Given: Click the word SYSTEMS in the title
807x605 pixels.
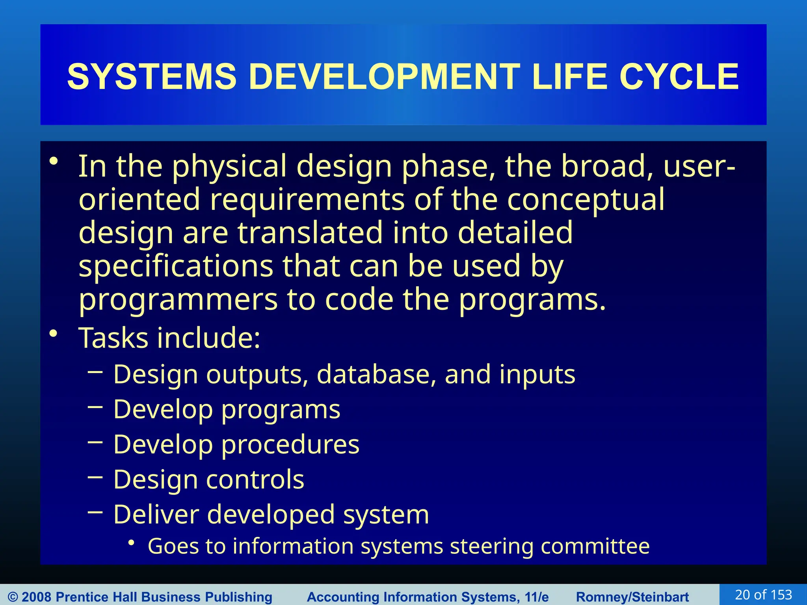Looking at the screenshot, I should point(152,77).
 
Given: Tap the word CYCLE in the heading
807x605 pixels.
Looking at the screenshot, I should point(679,77).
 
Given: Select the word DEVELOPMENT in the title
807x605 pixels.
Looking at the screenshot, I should point(384,77).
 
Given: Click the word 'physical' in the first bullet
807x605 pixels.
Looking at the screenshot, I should point(229,167).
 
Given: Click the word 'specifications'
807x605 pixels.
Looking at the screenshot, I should point(176,267).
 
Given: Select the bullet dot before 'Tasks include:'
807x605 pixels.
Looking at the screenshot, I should point(54,334).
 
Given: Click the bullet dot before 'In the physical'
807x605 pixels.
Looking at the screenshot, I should point(54,161).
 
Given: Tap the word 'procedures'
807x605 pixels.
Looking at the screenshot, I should point(290,445).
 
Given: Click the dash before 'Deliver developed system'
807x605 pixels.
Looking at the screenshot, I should point(95,512).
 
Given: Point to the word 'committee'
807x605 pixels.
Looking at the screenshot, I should point(595,547).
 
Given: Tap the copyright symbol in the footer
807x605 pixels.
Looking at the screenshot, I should point(13,597).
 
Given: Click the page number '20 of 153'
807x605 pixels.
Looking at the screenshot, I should point(763,595).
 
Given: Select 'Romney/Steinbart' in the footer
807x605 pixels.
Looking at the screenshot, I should point(632,597).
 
